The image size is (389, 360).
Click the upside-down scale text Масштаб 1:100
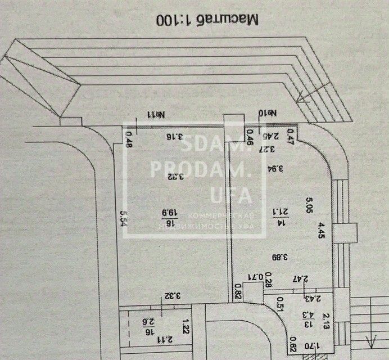coord(207,20)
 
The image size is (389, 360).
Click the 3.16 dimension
coord(174,136)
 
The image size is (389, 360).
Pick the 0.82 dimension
coord(239,292)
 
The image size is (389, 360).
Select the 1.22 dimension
coord(184,326)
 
